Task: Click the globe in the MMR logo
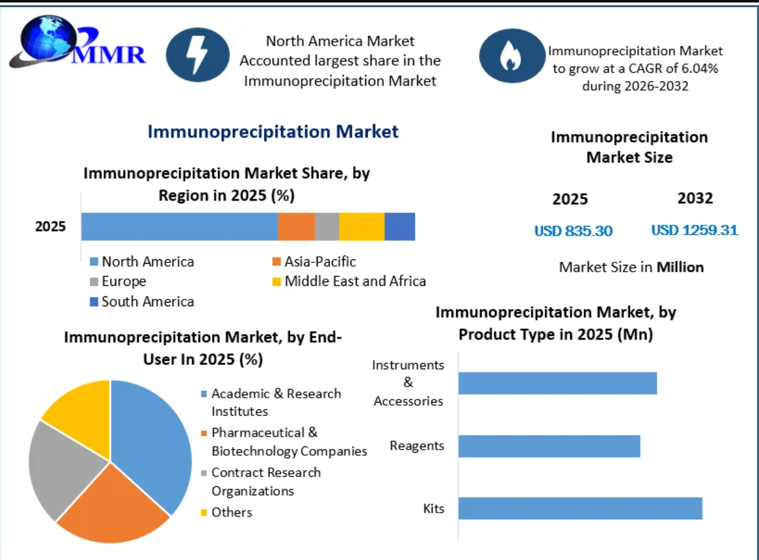(x=48, y=38)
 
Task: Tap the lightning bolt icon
(x=197, y=55)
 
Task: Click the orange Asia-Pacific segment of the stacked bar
(x=296, y=227)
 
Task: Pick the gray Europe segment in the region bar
(x=327, y=227)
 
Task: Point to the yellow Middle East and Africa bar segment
(x=362, y=227)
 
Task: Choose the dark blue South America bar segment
(x=400, y=227)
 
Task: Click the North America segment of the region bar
(x=180, y=227)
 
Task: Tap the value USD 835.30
(x=573, y=231)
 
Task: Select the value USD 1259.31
(x=694, y=230)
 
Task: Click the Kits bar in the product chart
(x=580, y=508)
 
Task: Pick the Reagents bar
(x=549, y=446)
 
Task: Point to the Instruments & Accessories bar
(x=558, y=383)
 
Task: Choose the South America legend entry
(x=142, y=301)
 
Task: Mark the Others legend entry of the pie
(x=227, y=512)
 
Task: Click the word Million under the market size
(x=681, y=267)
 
